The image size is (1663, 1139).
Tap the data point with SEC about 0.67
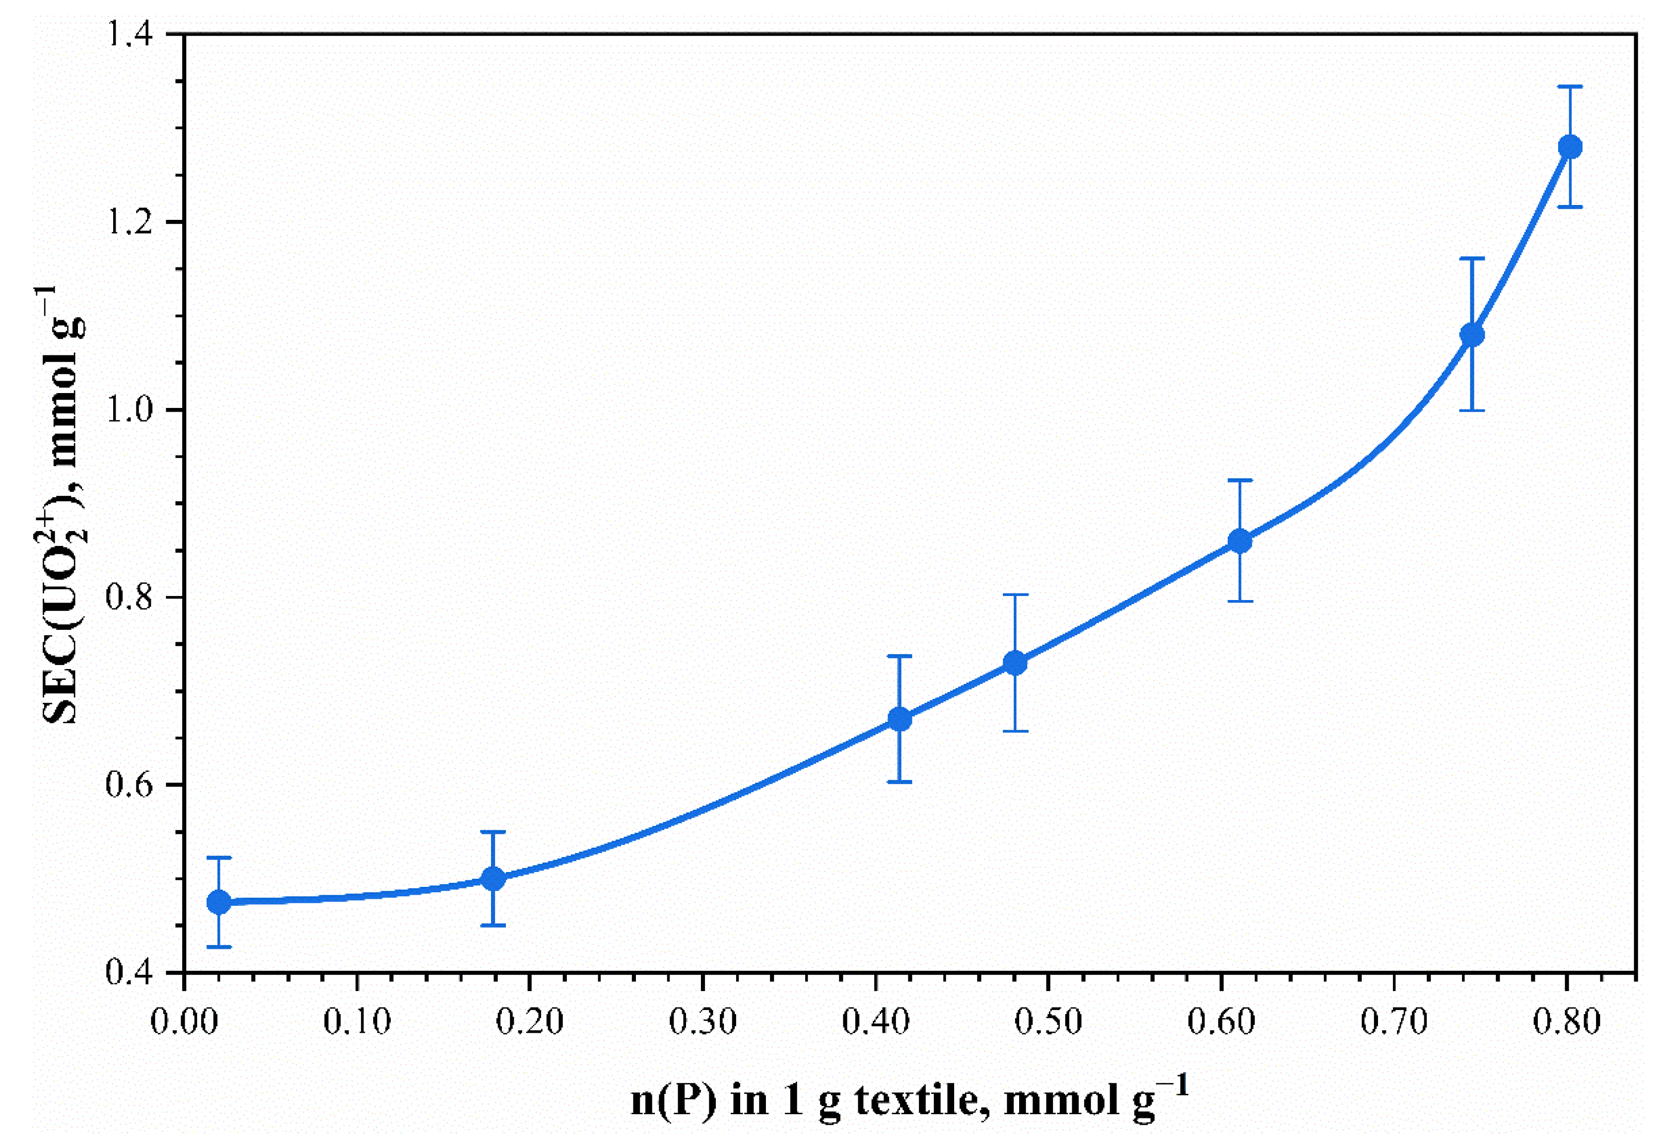pyautogui.click(x=900, y=719)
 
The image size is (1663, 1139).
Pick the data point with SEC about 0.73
pyautogui.click(x=1015, y=663)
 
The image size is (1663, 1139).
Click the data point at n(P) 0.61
pyautogui.click(x=1240, y=541)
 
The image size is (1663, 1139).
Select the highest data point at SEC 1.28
pyautogui.click(x=1570, y=147)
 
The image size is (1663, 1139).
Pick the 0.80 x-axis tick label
pyautogui.click(x=1566, y=1022)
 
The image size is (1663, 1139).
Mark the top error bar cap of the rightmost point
pyautogui.click(x=1570, y=86)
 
